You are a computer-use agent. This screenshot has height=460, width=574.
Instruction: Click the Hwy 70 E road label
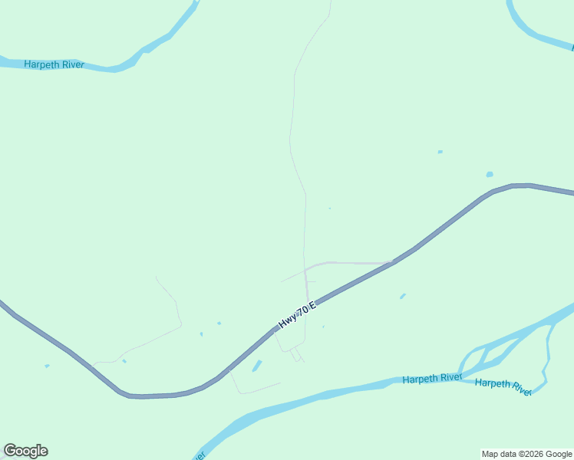pyautogui.click(x=297, y=314)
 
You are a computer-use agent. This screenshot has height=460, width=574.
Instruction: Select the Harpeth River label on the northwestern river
pyautogui.click(x=54, y=64)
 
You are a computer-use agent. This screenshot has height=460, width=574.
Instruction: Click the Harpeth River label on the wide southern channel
pyautogui.click(x=431, y=379)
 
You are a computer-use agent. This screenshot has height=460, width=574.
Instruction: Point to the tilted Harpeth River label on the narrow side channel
pyautogui.click(x=503, y=386)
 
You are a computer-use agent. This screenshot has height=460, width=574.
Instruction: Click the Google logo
pyautogui.click(x=25, y=451)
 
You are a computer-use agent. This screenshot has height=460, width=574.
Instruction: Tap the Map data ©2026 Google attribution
pyautogui.click(x=526, y=454)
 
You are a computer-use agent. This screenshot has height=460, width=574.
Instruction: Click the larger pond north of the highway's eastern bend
pyautogui.click(x=490, y=174)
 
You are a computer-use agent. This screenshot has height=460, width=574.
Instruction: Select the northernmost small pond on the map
pyautogui.click(x=440, y=152)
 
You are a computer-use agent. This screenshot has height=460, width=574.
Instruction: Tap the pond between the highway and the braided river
pyautogui.click(x=403, y=296)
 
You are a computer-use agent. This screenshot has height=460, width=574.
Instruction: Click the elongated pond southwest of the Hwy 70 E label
pyautogui.click(x=257, y=366)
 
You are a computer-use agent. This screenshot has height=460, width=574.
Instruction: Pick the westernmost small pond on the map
pyautogui.click(x=47, y=366)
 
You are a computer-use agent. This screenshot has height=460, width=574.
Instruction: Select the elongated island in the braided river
pyautogui.click(x=503, y=349)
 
